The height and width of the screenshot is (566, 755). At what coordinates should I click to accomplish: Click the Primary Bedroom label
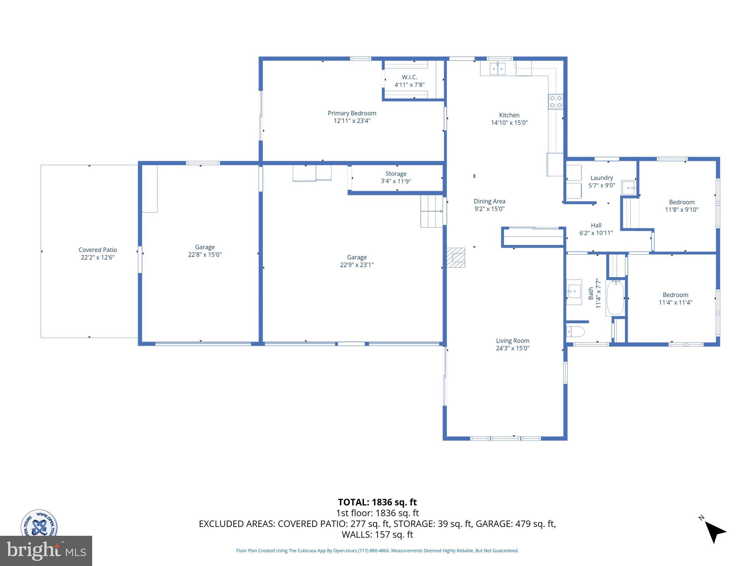click(x=352, y=113)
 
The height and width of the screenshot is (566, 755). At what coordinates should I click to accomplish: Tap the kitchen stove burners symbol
click(x=556, y=102)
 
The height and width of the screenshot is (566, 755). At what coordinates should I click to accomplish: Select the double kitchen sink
click(x=497, y=69)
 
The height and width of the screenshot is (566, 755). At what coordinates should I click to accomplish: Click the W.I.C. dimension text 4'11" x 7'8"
click(x=409, y=85)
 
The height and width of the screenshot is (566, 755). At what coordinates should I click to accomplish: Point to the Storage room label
click(x=396, y=174)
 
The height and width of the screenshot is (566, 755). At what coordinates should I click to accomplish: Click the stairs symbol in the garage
click(x=432, y=211)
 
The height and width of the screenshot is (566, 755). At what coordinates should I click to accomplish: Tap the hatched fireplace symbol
click(x=456, y=258)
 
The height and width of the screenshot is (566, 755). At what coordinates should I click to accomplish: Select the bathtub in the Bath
click(x=615, y=298)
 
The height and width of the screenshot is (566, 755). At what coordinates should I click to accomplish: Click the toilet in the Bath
click(x=575, y=332)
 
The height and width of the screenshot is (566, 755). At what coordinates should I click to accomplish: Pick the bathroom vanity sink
click(x=574, y=292)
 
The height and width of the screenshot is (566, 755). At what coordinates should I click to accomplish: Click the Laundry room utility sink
click(x=629, y=187)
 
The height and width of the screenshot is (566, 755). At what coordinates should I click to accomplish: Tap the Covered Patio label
click(x=98, y=250)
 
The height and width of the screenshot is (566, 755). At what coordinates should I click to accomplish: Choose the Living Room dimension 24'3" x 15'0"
click(x=512, y=348)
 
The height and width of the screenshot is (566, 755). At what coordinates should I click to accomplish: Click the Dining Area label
click(x=489, y=201)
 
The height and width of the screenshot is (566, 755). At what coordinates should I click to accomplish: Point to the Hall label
click(x=596, y=226)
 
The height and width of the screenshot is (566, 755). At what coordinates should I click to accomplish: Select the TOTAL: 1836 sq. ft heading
click(x=377, y=502)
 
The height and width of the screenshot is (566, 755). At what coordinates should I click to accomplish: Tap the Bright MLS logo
click(x=46, y=551)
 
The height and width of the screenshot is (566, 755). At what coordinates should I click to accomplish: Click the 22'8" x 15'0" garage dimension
click(x=205, y=255)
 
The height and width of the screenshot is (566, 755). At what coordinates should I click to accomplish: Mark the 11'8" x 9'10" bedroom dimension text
click(x=682, y=210)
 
